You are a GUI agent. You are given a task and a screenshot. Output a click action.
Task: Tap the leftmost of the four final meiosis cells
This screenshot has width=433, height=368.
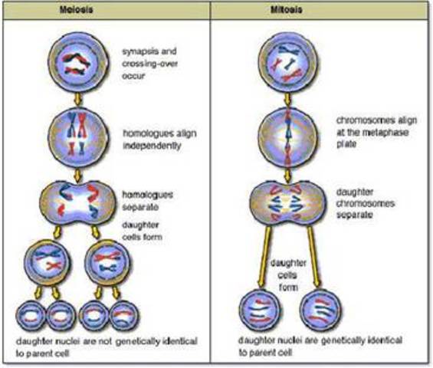click(29, 314)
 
